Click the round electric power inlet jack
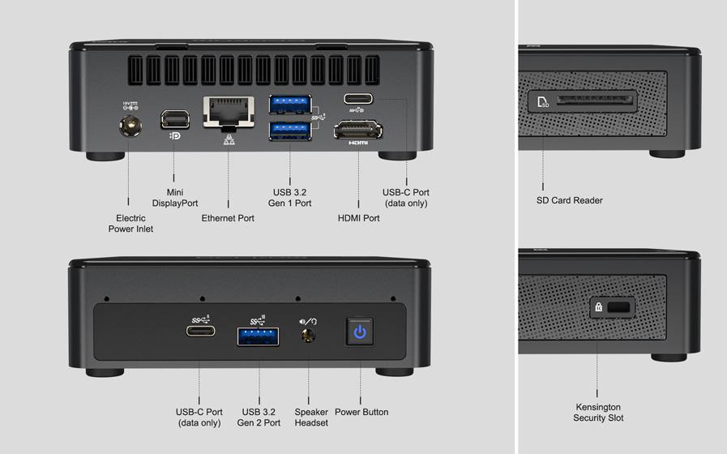point(128,126)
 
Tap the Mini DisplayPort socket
point(174,119)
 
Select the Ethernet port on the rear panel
point(228,112)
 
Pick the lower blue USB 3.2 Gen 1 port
point(289,130)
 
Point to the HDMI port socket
point(358,129)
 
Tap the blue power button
point(360,332)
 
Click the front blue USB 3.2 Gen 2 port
point(259,335)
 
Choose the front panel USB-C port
point(200,331)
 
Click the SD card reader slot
point(594,102)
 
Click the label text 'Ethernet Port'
point(228,218)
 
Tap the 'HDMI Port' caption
point(358,218)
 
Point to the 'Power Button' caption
point(361,412)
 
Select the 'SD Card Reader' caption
point(570,200)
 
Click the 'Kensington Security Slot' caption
point(598,413)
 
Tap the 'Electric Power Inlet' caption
point(130,223)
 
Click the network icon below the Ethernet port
point(228,139)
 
